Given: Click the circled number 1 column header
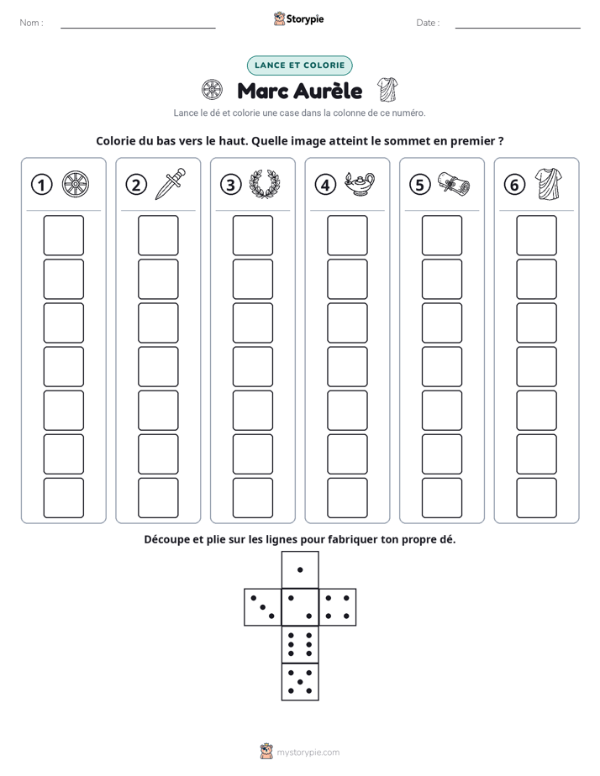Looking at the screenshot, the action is pos(41,185).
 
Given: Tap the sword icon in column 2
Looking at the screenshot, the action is pos(171,184).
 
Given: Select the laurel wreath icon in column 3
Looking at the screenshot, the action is pos(265,184).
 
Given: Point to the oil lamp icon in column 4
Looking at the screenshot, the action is pos(360,184).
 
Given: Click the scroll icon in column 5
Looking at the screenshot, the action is pos(454,184).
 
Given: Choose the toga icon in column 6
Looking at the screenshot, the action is pos(549,184).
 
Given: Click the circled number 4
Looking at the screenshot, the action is pos(325,185).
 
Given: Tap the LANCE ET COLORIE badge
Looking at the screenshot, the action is pos(299,66).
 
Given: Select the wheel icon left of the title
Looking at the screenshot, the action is pos(212,90).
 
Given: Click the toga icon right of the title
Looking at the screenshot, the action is pos(387,90).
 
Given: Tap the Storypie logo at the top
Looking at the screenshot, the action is pos(298,18).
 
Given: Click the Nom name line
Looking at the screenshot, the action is pos(138,29).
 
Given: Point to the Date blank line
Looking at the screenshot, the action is pos(518,29).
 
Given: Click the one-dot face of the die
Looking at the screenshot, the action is pos(300,570).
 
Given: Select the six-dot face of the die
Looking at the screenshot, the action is pos(300,644).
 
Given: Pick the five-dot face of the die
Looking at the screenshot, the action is pos(300,681).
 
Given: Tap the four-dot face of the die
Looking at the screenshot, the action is pos(338,607).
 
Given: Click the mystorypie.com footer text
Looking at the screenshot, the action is pos(308,752).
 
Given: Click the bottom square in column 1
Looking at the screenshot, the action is pos(63,498).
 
